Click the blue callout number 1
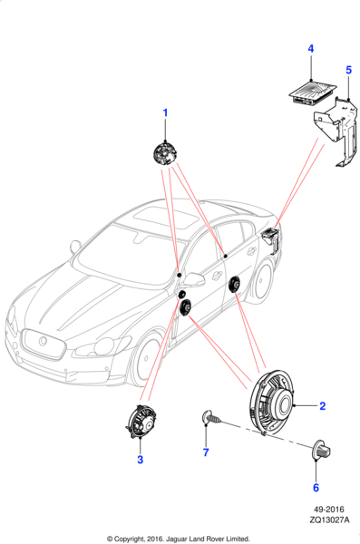pos(165,112)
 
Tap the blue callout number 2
pos(323,405)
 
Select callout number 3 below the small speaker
pos(140,460)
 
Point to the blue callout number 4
pos(311,49)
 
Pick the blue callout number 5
pos(348,70)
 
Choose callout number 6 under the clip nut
pos(316,488)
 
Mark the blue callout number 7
pos(206,452)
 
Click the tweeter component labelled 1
pos(164,154)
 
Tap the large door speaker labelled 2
pos(271,403)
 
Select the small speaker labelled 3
pos(141,422)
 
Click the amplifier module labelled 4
pos(313,92)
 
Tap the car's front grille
pos(43,345)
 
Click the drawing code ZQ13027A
pos(329,520)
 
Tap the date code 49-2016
pos(329,510)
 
